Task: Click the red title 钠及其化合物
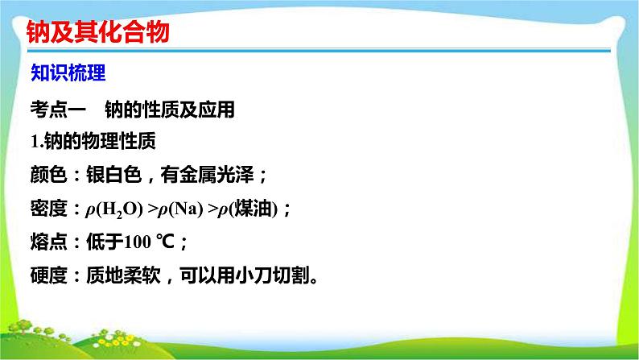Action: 98,31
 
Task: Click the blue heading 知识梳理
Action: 68,73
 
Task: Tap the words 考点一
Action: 58,110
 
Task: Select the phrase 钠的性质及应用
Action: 170,110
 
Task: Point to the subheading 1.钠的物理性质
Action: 93,142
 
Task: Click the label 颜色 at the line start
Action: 48,175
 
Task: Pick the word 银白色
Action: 113,175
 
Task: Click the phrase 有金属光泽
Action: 207,175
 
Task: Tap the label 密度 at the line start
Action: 48,209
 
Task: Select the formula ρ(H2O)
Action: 114,209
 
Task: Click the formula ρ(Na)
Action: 180,209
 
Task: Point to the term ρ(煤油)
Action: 248,209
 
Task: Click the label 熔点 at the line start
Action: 48,242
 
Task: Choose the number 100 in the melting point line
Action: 138,242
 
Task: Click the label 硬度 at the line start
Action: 48,275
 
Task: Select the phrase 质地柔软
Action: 123,275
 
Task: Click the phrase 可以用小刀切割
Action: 245,275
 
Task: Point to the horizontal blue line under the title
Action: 319,51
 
